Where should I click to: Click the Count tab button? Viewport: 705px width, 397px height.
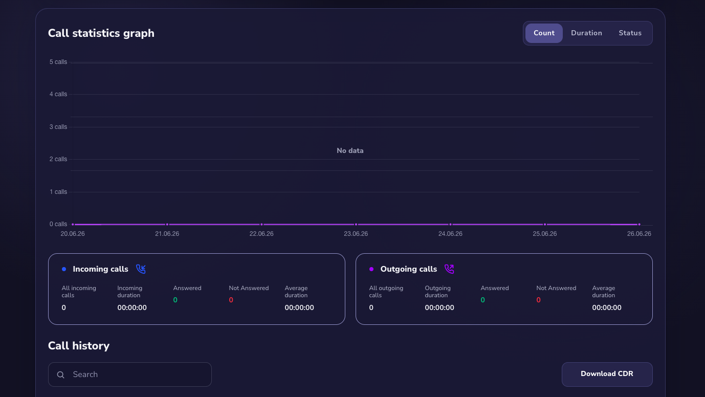[x=544, y=33]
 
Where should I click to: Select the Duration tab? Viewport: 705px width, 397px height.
[x=586, y=33]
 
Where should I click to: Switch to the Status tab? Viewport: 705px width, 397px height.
[x=630, y=33]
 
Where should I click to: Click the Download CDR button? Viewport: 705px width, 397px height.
[x=607, y=374]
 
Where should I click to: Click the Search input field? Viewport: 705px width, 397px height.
[x=129, y=374]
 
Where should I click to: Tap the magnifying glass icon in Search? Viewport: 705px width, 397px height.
[x=61, y=374]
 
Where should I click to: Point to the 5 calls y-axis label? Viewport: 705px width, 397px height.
[x=58, y=62]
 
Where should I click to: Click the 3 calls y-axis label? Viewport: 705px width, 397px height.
[x=58, y=127]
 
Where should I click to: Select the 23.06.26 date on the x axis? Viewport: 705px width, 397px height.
[x=356, y=234]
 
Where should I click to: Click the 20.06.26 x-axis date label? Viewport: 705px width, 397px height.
[x=72, y=234]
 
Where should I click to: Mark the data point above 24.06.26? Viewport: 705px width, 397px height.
[x=450, y=225]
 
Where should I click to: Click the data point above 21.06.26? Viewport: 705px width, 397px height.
[x=167, y=225]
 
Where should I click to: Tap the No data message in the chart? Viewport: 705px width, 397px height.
[x=350, y=150]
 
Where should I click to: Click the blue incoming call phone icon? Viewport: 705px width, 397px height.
[x=141, y=269]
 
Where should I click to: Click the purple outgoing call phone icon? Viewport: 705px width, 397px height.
[x=449, y=269]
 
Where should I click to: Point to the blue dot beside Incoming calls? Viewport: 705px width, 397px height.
[x=64, y=269]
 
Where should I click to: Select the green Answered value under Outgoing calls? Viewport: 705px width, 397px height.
[x=482, y=300]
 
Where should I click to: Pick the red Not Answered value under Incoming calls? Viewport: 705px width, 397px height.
[x=231, y=300]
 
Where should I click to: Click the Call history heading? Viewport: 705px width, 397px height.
[x=79, y=346]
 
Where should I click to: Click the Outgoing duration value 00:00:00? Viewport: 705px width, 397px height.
[x=439, y=307]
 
